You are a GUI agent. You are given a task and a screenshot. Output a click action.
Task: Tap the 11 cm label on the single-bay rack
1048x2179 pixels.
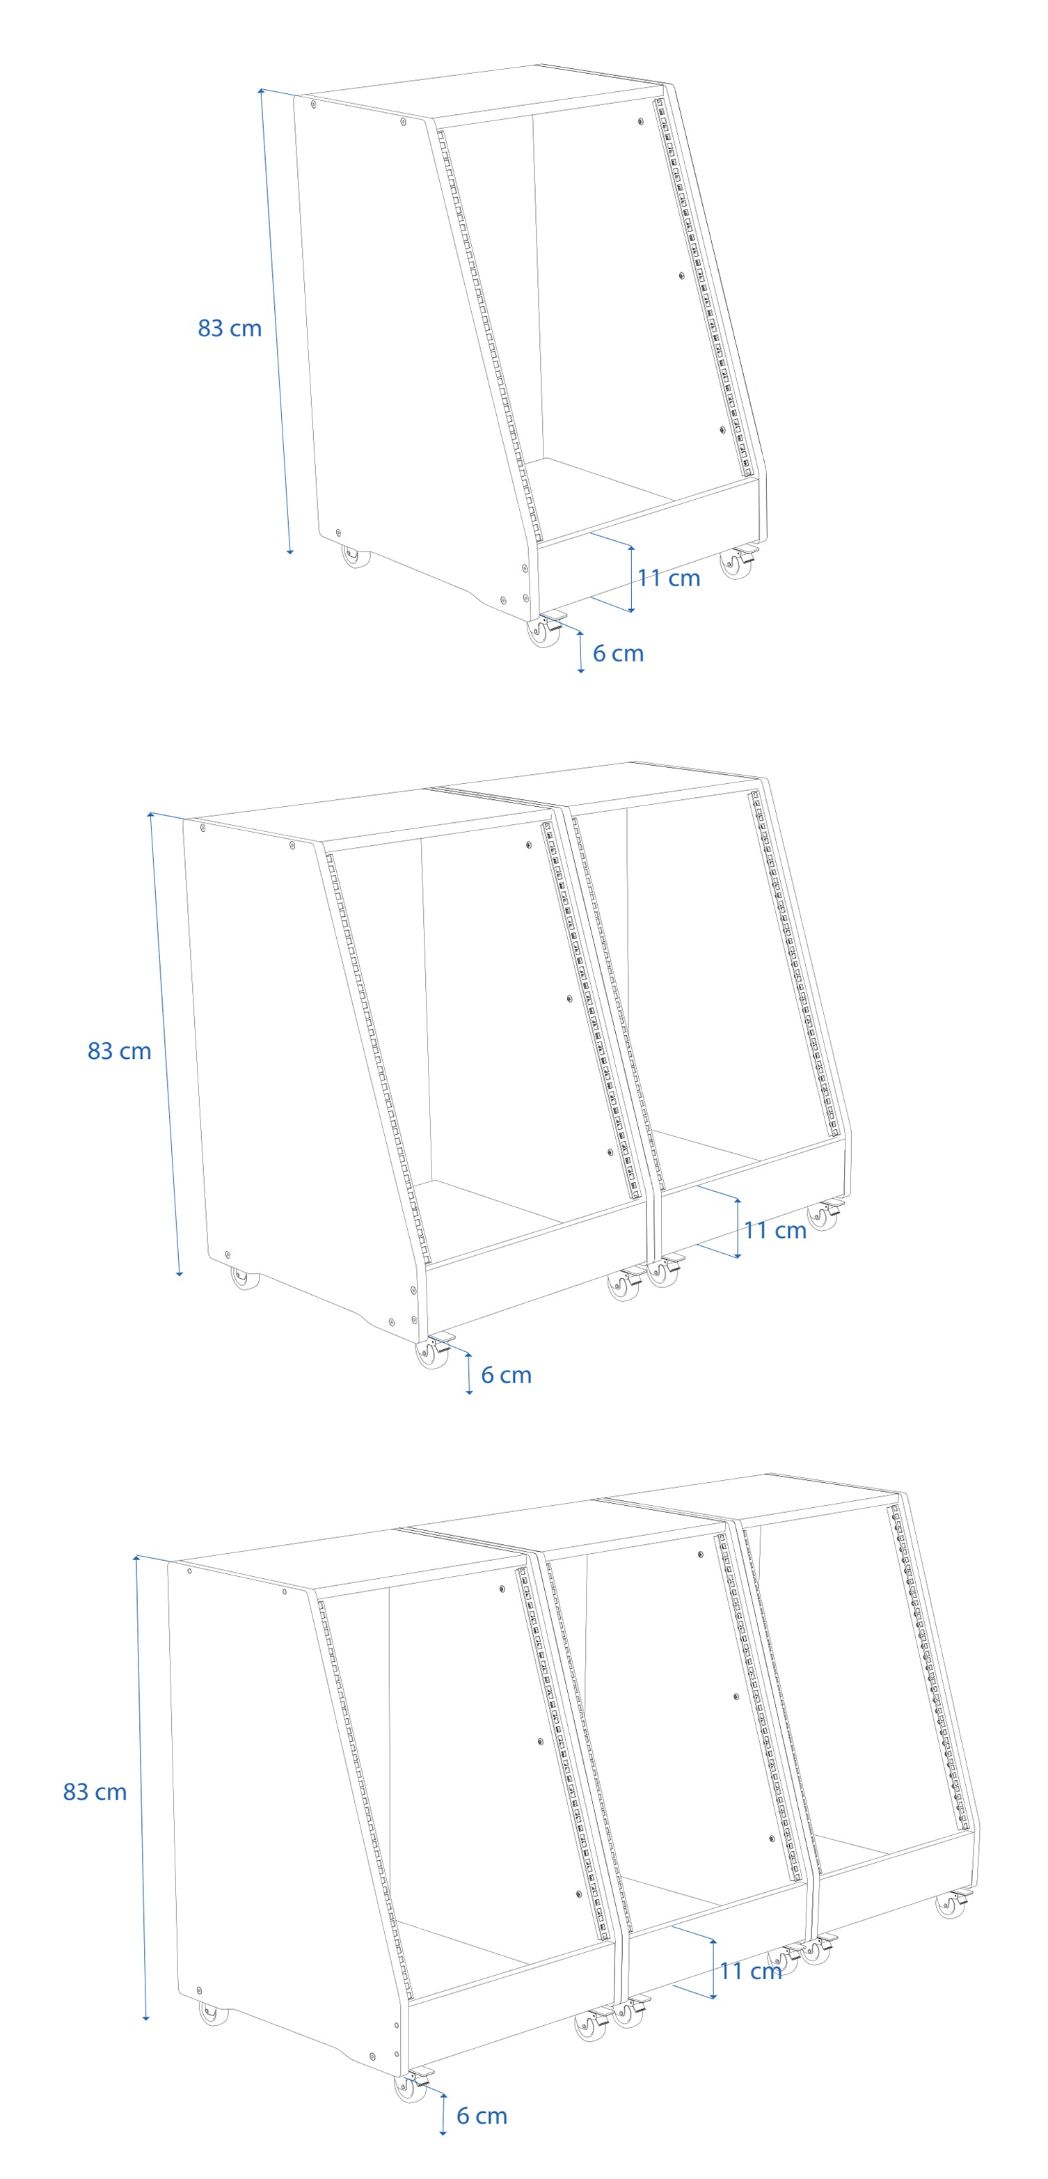tap(668, 578)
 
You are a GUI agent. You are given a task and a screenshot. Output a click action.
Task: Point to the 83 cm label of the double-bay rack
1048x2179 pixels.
tap(119, 1051)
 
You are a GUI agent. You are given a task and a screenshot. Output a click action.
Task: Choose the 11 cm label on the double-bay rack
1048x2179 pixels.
tap(775, 1230)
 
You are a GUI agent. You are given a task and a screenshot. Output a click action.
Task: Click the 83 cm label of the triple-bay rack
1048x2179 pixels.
tap(95, 1792)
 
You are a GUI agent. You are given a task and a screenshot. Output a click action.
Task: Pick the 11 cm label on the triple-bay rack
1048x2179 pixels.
tap(750, 1971)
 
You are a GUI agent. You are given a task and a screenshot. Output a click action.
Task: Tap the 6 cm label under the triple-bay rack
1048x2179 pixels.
tap(482, 2116)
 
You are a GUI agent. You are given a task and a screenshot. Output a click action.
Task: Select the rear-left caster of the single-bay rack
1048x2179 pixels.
tap(356, 556)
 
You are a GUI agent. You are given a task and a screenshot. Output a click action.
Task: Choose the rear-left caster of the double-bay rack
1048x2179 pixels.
tap(245, 1277)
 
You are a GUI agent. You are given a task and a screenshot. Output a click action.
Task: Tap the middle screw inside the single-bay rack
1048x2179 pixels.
tap(681, 276)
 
